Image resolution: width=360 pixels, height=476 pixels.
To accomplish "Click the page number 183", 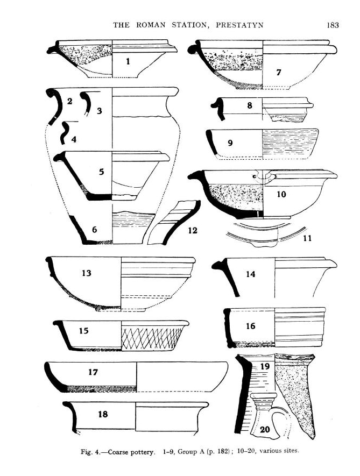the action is [333, 25].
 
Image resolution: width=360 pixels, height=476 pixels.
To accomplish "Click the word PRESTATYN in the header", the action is [239, 25].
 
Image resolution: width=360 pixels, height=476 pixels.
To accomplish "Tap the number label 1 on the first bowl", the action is [128, 62].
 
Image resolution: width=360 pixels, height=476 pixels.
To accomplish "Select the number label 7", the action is [278, 73].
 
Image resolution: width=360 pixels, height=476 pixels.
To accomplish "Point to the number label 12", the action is [193, 230].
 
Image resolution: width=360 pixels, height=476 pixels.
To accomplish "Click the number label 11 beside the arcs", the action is [307, 238].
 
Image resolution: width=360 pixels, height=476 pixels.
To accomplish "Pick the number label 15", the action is [83, 331].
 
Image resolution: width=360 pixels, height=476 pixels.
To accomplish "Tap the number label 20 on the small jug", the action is [265, 430].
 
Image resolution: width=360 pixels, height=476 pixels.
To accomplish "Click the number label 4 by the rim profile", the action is [74, 139].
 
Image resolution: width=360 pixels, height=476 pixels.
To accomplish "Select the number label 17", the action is [93, 372].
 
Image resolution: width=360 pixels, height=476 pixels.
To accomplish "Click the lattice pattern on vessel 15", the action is [151, 338].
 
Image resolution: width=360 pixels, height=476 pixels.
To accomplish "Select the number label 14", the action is [250, 274].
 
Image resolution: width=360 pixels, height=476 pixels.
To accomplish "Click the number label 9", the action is [230, 143].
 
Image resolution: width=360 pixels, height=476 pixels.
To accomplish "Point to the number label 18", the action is [103, 414].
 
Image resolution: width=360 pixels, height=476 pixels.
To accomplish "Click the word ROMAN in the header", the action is [151, 25].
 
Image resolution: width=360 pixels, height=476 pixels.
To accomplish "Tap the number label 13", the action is [86, 273].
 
